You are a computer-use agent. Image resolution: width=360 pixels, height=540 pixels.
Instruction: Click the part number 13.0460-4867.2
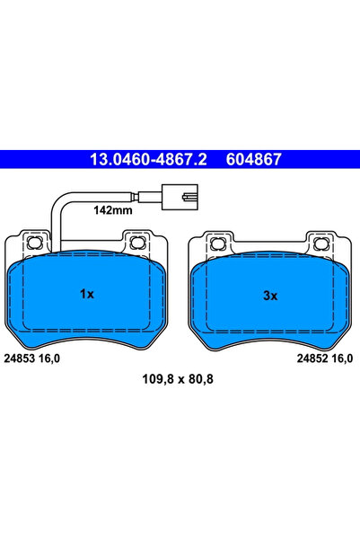[x=148, y=159]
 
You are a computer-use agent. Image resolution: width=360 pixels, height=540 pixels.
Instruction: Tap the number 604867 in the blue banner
[x=254, y=159]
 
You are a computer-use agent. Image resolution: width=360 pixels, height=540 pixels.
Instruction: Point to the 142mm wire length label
[x=113, y=210]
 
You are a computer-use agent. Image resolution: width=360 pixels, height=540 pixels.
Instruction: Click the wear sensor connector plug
[x=180, y=197]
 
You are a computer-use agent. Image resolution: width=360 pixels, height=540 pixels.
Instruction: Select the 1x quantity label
[x=87, y=294]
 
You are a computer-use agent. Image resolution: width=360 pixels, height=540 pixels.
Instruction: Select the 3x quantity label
[x=270, y=296]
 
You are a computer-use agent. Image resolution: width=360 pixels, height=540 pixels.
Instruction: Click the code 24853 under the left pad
[x=20, y=359]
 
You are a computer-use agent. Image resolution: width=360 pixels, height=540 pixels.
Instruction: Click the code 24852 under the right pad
[x=312, y=359]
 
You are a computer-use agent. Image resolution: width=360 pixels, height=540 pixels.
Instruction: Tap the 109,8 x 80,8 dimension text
[x=178, y=379]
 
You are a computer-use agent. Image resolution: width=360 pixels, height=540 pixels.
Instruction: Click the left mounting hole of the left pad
[x=35, y=243]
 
